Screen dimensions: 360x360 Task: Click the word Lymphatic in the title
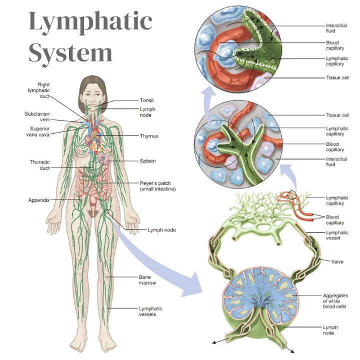[90, 22]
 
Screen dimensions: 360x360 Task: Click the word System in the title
[70, 51]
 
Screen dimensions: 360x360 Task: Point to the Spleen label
[148, 161]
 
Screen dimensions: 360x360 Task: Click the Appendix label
[38, 200]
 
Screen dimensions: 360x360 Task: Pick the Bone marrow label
[147, 279]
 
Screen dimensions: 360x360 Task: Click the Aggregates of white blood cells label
[334, 301]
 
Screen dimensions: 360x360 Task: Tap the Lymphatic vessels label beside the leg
[150, 311]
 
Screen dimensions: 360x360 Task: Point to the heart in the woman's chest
[93, 142]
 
